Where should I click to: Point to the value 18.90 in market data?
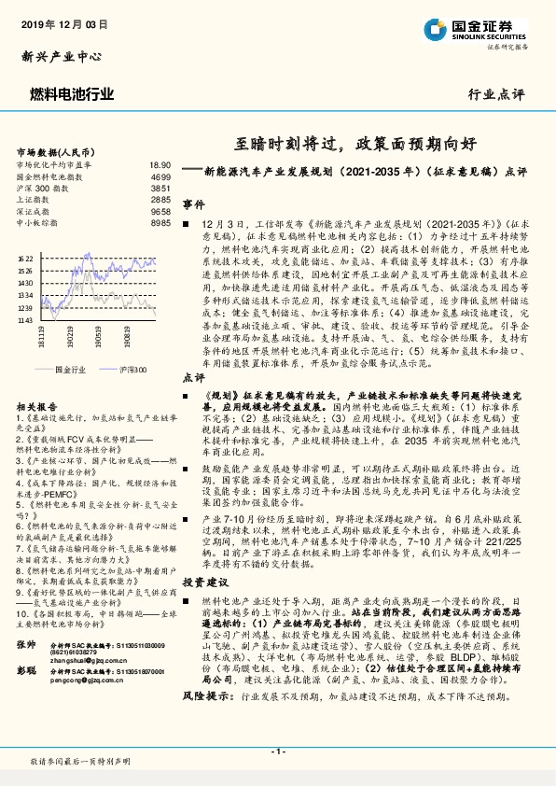point(160,164)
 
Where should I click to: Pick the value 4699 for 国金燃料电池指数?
point(160,176)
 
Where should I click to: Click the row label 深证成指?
point(34,212)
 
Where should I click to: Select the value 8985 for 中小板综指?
point(160,224)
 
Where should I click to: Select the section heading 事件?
point(193,204)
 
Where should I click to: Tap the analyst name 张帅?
point(26,646)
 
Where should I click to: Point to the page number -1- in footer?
point(277,751)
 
